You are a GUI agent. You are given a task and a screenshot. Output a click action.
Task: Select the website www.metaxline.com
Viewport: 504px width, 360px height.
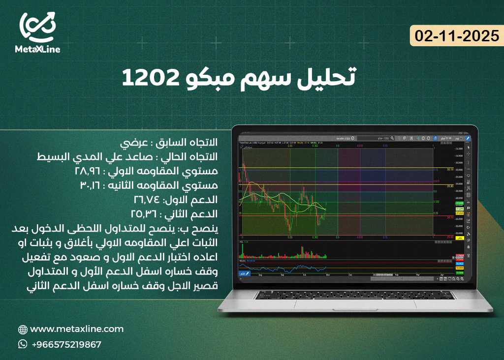click(77, 329)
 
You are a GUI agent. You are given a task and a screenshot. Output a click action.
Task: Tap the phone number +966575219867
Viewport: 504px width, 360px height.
click(66, 344)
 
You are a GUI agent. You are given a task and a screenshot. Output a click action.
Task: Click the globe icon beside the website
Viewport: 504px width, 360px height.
click(23, 330)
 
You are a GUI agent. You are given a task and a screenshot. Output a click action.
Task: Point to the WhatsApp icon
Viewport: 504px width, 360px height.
click(23, 344)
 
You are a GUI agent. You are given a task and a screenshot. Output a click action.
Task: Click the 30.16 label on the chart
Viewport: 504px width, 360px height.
click(449, 169)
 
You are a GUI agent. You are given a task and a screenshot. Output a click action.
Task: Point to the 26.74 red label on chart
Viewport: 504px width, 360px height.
click(449, 217)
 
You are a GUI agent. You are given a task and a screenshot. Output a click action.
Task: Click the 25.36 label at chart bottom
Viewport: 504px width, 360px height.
click(449, 237)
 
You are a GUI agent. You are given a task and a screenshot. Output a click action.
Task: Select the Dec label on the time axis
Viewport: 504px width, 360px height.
click(350, 275)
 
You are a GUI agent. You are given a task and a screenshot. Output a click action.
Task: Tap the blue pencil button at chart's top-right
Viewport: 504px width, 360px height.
click(468, 139)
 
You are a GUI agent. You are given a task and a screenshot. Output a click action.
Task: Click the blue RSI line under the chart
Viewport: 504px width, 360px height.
click(295, 268)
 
